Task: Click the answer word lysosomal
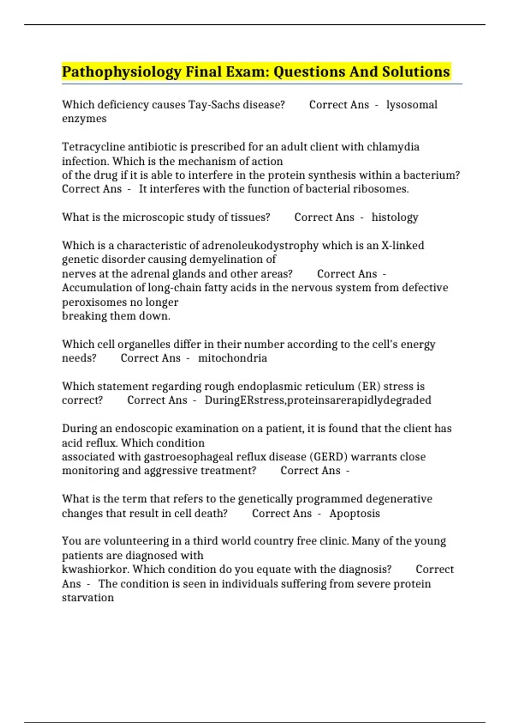411,105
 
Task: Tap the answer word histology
395,217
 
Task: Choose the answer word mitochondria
232,358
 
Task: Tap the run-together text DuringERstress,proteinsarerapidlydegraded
318,400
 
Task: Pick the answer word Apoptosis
354,513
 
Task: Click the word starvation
88,598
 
